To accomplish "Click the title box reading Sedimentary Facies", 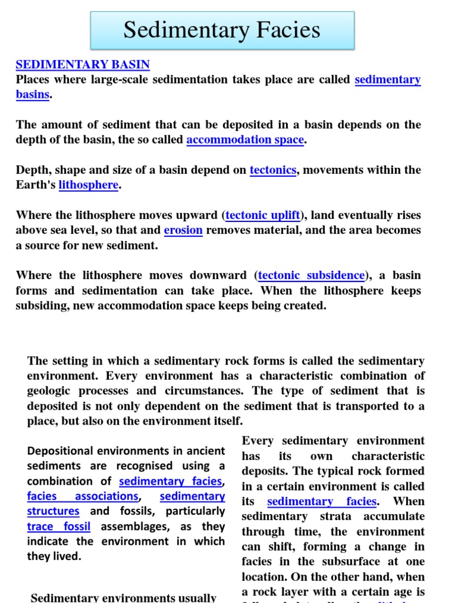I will point(222,30).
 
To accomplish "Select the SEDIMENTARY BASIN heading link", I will point(82,65).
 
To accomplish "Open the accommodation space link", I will point(245,140).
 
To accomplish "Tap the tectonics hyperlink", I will point(273,170).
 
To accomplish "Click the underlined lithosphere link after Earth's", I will point(88,185).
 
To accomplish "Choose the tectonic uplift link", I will point(262,216).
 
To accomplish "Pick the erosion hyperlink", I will point(183,230).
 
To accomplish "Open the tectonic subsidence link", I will point(311,276).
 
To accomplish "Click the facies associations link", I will point(82,496).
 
